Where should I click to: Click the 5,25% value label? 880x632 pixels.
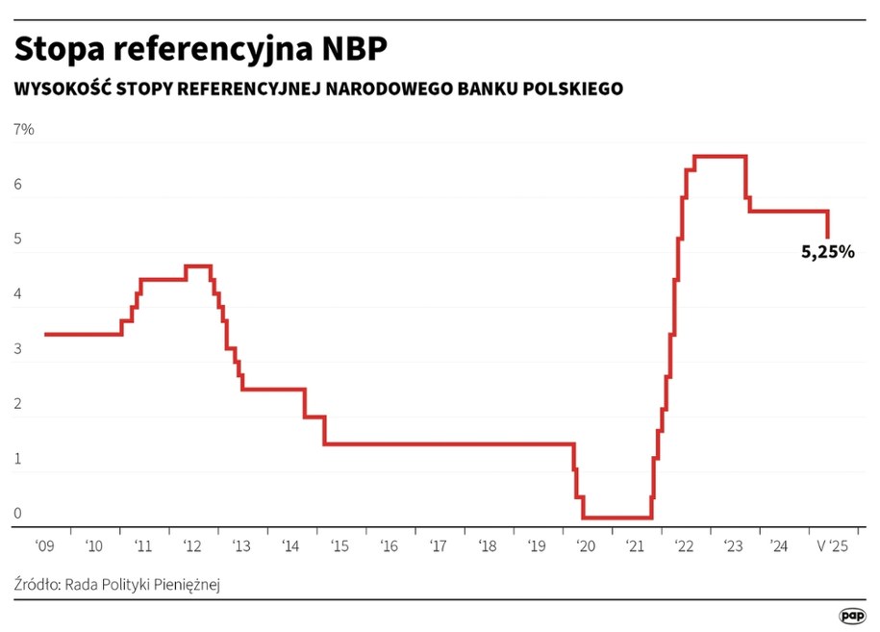click(827, 253)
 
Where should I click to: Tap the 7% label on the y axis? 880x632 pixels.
click(23, 130)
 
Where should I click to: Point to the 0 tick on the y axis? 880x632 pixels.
click(17, 514)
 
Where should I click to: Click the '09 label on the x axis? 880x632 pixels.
click(44, 546)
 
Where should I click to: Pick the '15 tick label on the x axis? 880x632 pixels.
click(339, 546)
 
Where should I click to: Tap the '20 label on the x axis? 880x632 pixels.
click(586, 546)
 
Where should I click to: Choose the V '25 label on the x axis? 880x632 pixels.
click(831, 546)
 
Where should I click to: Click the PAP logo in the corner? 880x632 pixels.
click(850, 615)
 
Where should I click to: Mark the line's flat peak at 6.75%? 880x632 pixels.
click(719, 156)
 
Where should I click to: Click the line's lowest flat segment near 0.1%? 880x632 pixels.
click(616, 518)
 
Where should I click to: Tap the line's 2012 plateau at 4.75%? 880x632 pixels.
click(198, 265)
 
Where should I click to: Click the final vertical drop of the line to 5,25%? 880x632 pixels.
click(828, 225)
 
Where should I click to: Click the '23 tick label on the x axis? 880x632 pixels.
click(733, 546)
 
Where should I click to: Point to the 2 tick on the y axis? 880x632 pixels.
click(17, 405)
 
